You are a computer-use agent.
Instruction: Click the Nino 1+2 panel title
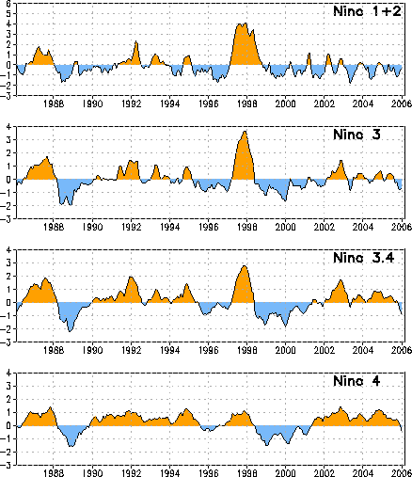point(367,11)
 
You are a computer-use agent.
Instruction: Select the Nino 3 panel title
point(357,135)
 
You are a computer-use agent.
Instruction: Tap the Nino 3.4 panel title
point(364,258)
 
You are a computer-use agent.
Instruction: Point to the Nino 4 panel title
point(357,381)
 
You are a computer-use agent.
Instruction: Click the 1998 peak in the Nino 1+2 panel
point(246,24)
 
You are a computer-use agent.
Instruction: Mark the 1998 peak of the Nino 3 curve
point(246,131)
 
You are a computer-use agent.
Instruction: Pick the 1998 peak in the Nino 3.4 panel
point(245,266)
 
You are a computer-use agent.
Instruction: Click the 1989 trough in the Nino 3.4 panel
point(70,331)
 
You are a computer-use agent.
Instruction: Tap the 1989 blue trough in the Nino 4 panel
point(71,446)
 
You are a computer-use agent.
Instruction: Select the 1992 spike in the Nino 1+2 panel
point(136,41)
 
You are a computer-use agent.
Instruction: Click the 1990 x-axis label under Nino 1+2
point(92,103)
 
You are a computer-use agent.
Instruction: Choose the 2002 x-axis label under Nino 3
point(325,227)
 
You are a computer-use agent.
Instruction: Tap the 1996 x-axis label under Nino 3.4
point(209,350)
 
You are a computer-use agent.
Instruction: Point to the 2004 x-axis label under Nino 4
point(363,473)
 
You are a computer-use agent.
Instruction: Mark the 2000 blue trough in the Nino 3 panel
point(285,200)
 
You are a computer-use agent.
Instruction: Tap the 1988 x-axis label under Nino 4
point(54,473)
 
